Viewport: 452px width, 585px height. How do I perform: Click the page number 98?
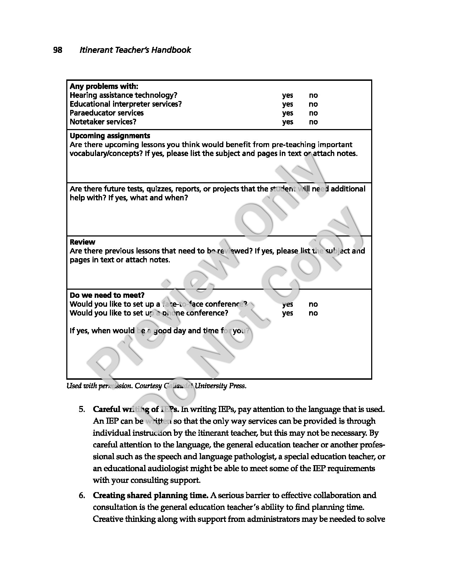click(57, 50)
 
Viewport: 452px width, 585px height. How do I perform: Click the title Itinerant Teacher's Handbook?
click(135, 50)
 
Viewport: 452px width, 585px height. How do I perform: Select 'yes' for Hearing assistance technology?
click(288, 95)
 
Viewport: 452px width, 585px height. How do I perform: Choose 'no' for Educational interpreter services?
click(313, 104)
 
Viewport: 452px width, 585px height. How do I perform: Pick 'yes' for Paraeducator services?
click(288, 113)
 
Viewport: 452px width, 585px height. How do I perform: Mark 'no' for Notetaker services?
click(313, 122)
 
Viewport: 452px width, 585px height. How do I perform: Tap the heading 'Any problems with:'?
click(104, 87)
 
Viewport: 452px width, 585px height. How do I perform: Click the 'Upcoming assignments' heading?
click(110, 136)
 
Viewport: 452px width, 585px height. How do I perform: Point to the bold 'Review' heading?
click(83, 242)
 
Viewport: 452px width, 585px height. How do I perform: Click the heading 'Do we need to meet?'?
click(107, 295)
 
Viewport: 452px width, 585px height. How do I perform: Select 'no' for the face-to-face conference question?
click(313, 304)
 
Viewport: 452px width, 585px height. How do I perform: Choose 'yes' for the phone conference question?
click(288, 313)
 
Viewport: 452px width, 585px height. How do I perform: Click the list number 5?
click(82, 409)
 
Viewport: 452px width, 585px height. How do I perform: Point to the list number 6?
click(82, 496)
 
